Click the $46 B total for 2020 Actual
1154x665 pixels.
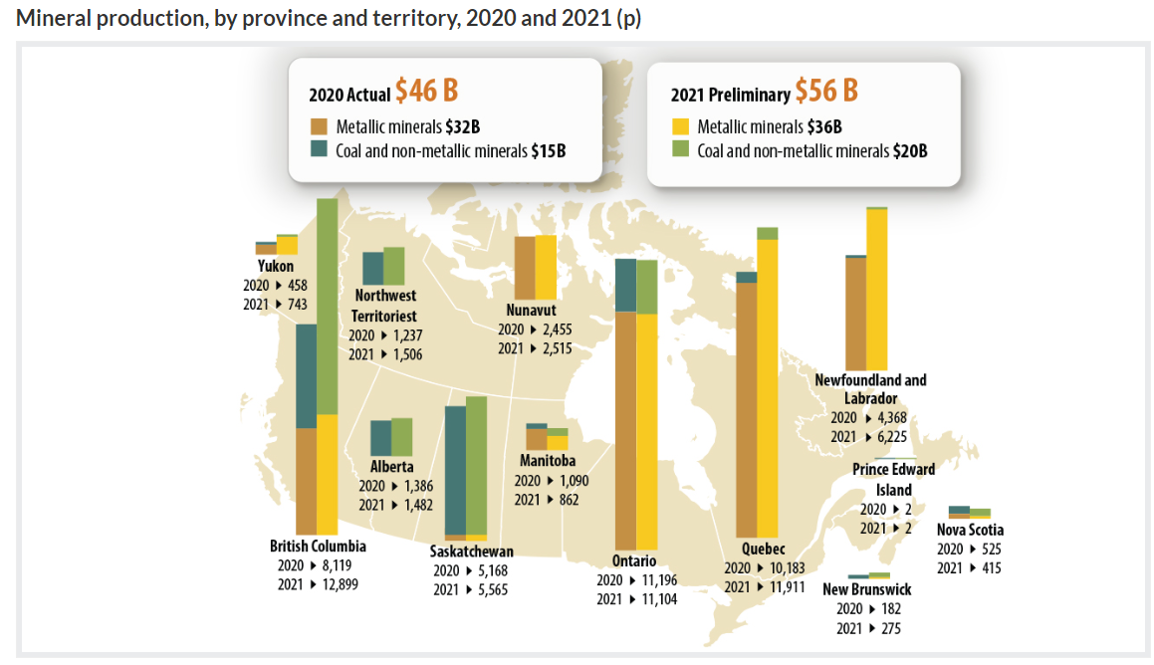(426, 92)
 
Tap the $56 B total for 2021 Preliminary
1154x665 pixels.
(825, 92)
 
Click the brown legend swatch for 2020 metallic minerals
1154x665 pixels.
(319, 126)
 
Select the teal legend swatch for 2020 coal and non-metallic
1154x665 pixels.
(319, 149)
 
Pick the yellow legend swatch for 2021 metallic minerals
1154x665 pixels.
(680, 126)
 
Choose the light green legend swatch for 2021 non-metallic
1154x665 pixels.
(680, 150)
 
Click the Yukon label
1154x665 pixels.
(276, 266)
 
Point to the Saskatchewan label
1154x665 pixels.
(472, 552)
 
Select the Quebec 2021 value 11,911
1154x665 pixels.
(780, 587)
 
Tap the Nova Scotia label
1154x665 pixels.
(970, 530)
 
